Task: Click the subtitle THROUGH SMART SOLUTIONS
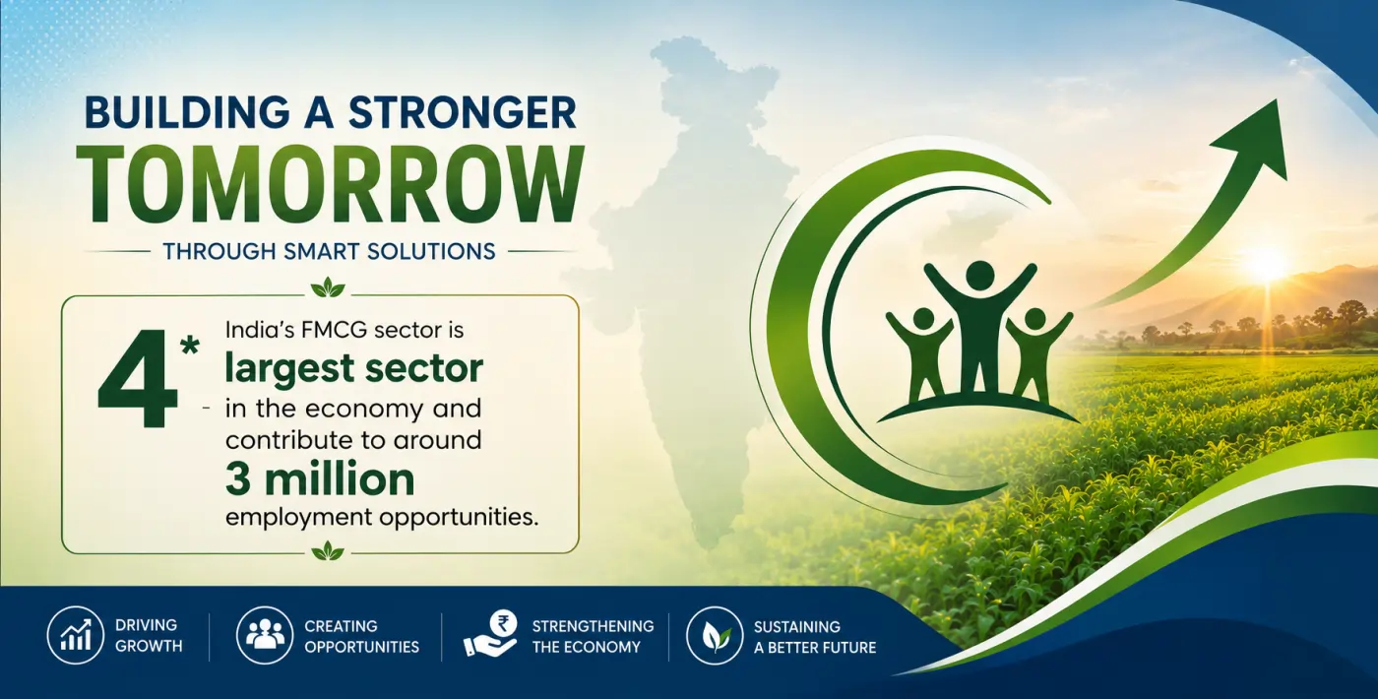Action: (329, 252)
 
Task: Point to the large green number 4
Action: (137, 378)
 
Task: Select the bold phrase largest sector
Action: (353, 369)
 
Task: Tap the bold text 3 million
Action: (320, 479)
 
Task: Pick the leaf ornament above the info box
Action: (328, 287)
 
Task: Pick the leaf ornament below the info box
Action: (328, 550)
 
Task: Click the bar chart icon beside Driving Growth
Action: (76, 635)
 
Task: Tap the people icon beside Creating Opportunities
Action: (265, 635)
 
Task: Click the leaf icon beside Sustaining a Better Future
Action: (715, 635)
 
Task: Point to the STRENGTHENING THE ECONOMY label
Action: (593, 636)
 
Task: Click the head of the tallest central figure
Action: (979, 275)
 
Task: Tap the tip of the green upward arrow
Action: (1278, 99)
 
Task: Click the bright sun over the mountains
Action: (1266, 264)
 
